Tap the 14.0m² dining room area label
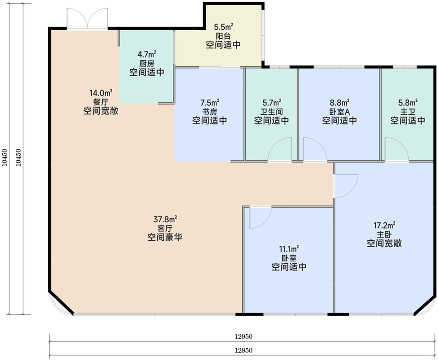point(101,92)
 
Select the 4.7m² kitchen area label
point(147,54)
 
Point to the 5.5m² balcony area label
point(223,27)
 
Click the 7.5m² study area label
point(210,102)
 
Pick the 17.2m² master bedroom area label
point(384,225)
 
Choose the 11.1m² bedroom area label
point(289,248)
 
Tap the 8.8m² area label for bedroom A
point(340,102)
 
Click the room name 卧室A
point(340,112)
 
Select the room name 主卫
point(408,112)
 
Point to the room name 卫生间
point(271,112)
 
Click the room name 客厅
point(165,229)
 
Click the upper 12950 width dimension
point(243,337)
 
